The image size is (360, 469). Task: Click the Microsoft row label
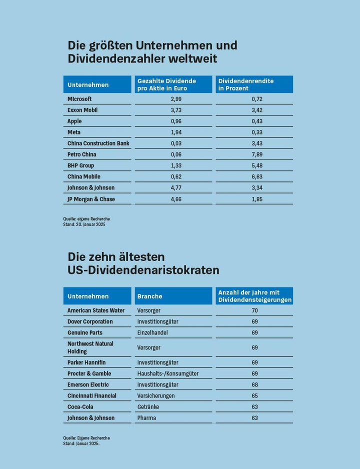(x=79, y=99)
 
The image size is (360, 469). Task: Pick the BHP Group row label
(x=80, y=165)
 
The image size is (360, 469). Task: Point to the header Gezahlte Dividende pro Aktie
(x=167, y=84)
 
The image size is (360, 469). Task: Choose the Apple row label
(x=74, y=121)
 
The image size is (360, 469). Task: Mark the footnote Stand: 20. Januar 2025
(x=84, y=224)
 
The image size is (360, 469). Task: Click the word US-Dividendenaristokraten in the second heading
(x=143, y=270)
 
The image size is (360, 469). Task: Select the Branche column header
(x=149, y=296)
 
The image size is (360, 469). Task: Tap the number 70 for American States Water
(x=254, y=310)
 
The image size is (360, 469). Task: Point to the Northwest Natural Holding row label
(x=90, y=347)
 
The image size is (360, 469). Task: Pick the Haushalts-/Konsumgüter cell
(x=167, y=373)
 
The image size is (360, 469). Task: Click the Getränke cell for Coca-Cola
(x=149, y=406)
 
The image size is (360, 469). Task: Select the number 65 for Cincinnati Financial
(x=254, y=395)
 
